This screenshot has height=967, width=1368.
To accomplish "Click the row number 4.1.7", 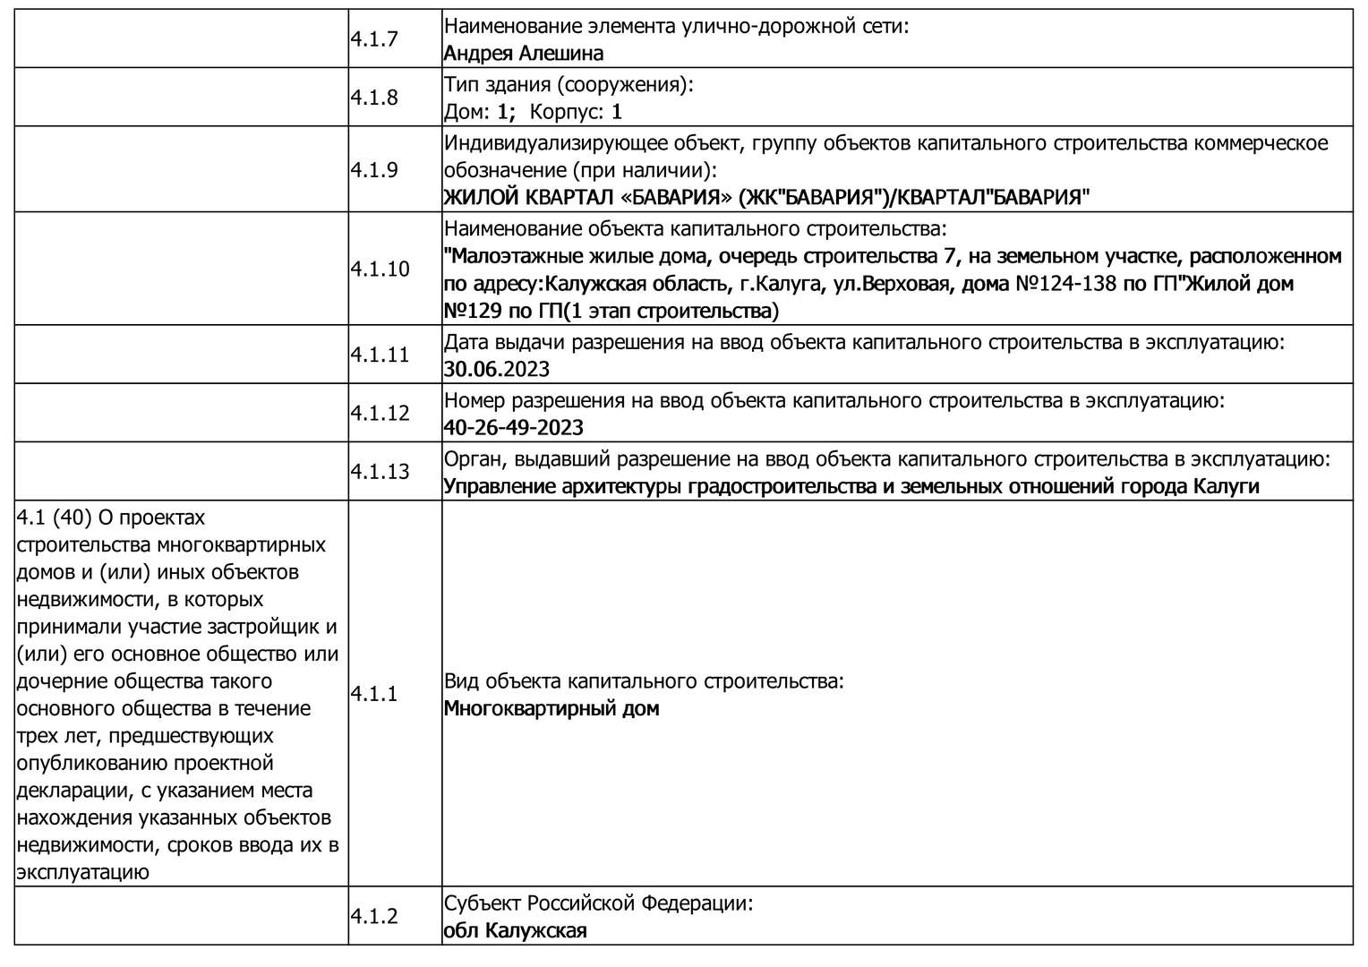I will coord(373,39).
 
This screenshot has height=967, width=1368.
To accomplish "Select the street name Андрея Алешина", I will coord(524,54).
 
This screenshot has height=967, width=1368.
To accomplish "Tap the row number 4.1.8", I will coord(373,98).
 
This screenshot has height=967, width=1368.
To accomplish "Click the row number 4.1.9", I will coord(373,170).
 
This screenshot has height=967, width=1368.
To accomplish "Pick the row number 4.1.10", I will coord(379,270).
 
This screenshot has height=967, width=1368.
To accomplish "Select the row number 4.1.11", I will coord(379,355).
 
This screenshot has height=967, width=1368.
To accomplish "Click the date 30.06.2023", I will coord(497,370).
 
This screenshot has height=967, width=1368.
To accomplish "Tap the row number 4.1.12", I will coord(379,414).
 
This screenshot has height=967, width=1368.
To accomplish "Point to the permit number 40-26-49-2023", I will coord(514,428).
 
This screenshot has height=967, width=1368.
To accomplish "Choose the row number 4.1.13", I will coord(379,472).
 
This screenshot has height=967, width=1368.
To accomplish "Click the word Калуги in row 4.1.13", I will coord(1226,487).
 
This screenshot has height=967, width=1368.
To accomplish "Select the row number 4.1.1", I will coord(373,695).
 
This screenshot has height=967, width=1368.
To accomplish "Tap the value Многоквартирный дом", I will coord(551,709).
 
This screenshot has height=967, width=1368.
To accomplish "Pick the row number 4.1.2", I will coord(373,917).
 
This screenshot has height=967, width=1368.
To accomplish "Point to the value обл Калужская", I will coord(516,931).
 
